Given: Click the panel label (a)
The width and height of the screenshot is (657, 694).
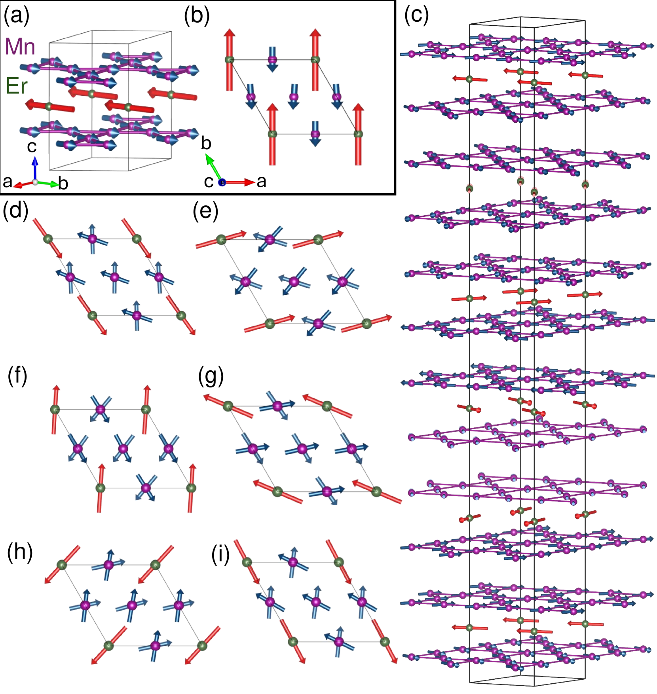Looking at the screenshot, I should [x=16, y=17].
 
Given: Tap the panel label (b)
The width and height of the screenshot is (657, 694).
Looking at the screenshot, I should [x=197, y=17].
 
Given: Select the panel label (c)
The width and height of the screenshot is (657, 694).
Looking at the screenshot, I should [x=416, y=17].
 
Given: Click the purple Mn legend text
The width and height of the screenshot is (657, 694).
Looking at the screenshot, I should [x=20, y=47].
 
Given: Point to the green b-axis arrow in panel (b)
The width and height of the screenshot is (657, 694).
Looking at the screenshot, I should [x=213, y=167].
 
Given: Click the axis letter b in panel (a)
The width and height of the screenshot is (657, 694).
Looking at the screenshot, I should [x=63, y=183].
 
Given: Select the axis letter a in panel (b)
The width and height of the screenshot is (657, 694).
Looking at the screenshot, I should [x=261, y=182].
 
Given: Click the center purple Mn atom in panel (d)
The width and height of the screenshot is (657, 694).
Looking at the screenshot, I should [x=114, y=277].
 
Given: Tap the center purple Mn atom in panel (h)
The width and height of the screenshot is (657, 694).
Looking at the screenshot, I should [x=132, y=605].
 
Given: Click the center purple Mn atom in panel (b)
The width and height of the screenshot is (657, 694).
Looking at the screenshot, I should [x=293, y=97].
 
